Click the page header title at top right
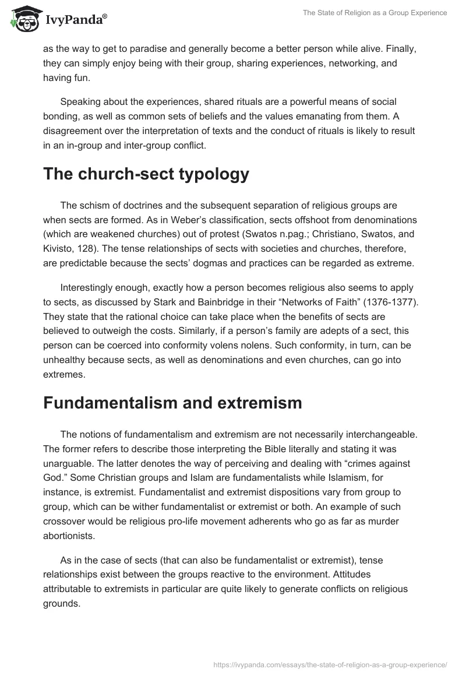[x=375, y=13]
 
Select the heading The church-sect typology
[x=146, y=174]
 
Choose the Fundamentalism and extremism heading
[x=172, y=403]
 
